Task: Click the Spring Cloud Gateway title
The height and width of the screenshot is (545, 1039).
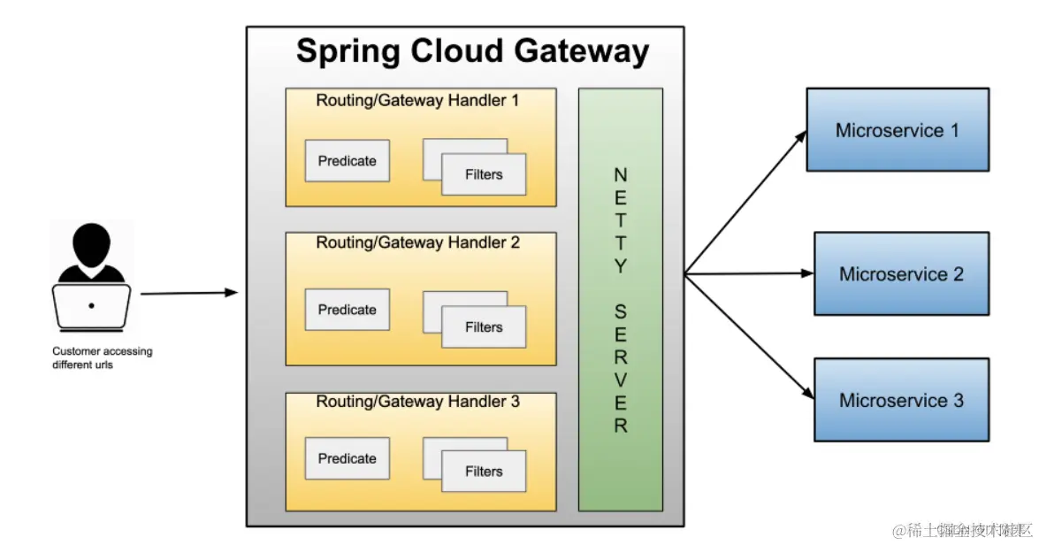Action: (x=472, y=50)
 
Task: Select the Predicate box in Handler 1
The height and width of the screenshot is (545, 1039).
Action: (x=347, y=161)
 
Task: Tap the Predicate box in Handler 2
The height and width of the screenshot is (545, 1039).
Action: (x=347, y=310)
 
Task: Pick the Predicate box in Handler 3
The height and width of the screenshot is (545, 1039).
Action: (x=347, y=458)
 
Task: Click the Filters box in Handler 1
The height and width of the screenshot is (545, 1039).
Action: (x=484, y=174)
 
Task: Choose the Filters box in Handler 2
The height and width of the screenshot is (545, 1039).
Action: (x=484, y=327)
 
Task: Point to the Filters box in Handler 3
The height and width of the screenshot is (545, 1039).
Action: (x=484, y=472)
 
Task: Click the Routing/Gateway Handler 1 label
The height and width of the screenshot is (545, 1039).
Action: (x=418, y=101)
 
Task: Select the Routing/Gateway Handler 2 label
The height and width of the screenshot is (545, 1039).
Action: (x=418, y=242)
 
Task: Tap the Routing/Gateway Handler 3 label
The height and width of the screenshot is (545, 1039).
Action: (x=418, y=402)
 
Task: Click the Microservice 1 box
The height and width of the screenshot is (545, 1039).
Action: (x=898, y=130)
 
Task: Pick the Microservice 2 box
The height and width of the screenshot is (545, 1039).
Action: (x=901, y=274)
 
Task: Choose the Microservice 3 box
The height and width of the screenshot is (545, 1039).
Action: (x=901, y=400)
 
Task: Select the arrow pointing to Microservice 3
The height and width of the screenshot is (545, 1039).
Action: (x=747, y=336)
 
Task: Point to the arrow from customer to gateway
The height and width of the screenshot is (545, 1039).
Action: (x=188, y=293)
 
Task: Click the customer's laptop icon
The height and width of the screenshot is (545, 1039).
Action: (x=91, y=305)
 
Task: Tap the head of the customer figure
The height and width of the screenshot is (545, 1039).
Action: (x=91, y=241)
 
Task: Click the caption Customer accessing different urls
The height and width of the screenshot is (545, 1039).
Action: (x=102, y=357)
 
